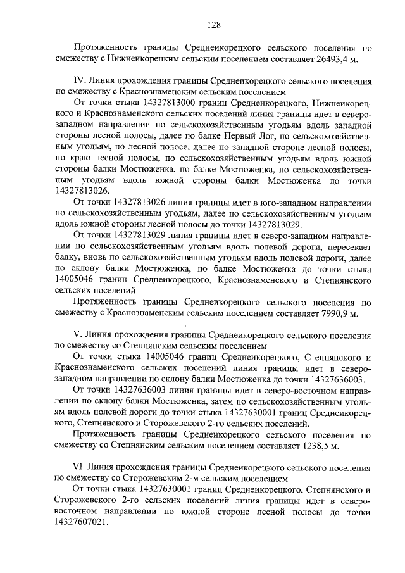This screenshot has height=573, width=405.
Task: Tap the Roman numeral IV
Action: (x=80, y=82)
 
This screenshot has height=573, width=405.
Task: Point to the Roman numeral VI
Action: (x=80, y=467)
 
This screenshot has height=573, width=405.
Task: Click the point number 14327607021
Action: (x=82, y=524)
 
